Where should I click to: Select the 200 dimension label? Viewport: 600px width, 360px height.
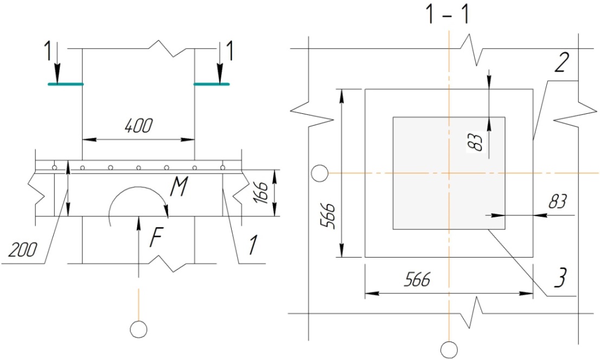[x=23, y=250]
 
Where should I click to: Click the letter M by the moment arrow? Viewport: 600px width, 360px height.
[x=178, y=188]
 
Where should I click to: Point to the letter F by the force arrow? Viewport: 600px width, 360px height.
[x=156, y=237]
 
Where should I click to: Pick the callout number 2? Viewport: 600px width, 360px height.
[x=561, y=63]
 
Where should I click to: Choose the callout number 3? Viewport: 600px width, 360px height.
[x=559, y=278]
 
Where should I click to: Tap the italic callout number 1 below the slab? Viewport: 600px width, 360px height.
[x=252, y=245]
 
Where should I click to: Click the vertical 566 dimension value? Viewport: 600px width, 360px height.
[x=328, y=216]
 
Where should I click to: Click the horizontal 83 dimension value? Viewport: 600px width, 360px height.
[x=558, y=202]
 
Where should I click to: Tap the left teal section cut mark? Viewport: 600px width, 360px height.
[x=66, y=84]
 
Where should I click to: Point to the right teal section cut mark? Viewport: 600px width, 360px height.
[x=212, y=84]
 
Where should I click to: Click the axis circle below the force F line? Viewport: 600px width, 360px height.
[x=138, y=329]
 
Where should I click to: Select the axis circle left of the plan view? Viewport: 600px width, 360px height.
[x=320, y=173]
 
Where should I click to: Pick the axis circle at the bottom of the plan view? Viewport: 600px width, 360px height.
[x=449, y=349]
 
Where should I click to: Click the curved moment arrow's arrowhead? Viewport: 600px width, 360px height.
[x=165, y=210]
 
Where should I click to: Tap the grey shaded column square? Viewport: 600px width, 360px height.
[x=449, y=173]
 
